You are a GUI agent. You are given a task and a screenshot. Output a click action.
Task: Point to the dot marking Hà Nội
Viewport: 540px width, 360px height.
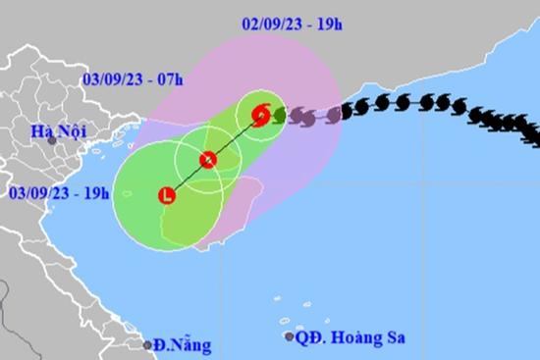coord(52,140)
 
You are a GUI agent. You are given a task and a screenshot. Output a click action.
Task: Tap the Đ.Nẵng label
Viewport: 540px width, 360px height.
coord(184,344)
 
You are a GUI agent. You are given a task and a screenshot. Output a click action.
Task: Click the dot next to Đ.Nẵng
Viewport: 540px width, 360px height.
coord(147,344)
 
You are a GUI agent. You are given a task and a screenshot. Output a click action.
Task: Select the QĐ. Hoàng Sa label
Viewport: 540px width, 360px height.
coord(349,336)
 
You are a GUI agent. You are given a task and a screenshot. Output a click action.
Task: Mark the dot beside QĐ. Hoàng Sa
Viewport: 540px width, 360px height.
coord(289,336)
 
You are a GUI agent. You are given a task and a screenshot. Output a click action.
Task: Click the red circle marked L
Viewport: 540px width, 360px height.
coord(166,195)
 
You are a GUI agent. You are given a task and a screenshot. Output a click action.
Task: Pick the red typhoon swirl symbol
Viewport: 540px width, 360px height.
coord(261,115)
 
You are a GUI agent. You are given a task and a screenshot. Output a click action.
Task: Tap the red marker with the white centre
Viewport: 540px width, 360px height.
coord(207,160)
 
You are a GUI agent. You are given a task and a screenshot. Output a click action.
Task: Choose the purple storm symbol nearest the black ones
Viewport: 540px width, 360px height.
coord(333,115)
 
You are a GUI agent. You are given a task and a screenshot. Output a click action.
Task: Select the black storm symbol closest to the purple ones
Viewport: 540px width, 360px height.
coord(348,111)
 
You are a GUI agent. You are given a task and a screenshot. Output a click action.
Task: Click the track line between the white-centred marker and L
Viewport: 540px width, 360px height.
coord(187,178)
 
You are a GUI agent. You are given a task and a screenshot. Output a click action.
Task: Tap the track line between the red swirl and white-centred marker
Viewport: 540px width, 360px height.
coord(234,137)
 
